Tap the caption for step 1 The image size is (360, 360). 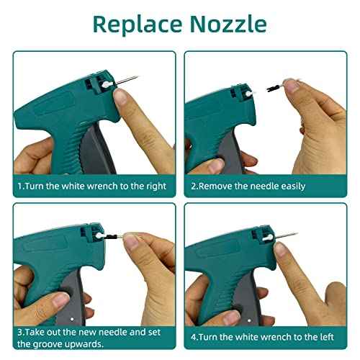click(91, 186)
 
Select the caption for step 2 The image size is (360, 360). click(248, 186)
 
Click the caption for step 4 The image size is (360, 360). click(266, 337)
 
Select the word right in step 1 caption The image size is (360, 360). click(155, 186)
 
